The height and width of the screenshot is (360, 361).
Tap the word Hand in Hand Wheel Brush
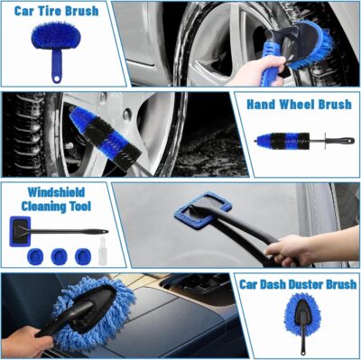click(264, 104)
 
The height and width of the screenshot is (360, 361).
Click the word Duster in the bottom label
click(312, 284)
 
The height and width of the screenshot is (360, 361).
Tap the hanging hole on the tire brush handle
click(57, 75)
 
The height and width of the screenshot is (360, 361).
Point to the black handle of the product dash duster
click(304, 341)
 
